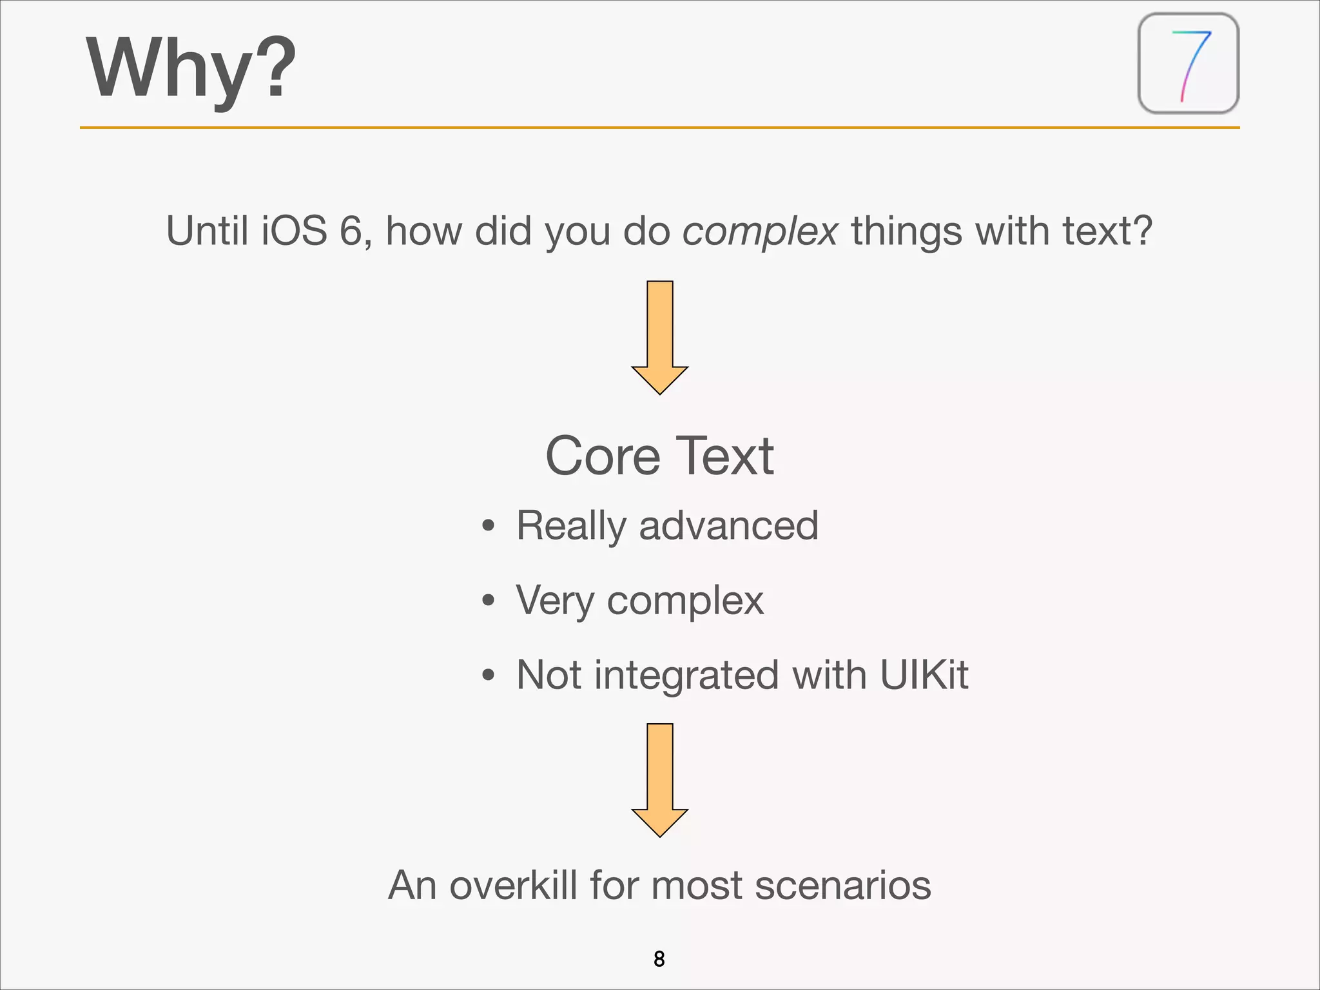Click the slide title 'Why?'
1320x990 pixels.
[191, 68]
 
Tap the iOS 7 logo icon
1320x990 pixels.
[1189, 64]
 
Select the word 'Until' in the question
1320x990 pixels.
[207, 231]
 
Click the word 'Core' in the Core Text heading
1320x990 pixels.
[603, 456]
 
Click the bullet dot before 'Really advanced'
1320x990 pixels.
[489, 526]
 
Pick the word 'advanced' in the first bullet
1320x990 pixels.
[728, 525]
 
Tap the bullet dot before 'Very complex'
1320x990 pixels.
[489, 601]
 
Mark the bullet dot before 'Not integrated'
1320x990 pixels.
[489, 675]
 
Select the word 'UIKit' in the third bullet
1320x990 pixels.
[924, 675]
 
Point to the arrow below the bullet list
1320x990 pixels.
[659, 779]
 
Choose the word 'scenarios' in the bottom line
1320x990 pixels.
[842, 885]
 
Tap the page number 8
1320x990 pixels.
[659, 959]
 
